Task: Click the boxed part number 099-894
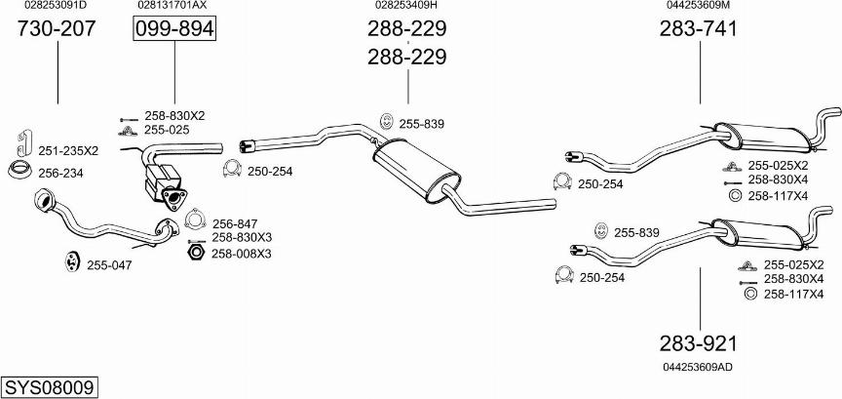click(x=174, y=29)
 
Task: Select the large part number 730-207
click(x=57, y=28)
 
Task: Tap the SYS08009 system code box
click(x=50, y=386)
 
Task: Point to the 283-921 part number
click(x=699, y=343)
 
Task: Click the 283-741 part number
click(x=699, y=28)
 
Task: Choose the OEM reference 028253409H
click(x=406, y=6)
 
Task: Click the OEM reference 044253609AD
click(x=698, y=367)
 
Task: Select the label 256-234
click(x=60, y=173)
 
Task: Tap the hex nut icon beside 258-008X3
click(x=196, y=252)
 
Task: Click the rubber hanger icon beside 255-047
click(x=71, y=260)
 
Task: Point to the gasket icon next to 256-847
click(x=196, y=219)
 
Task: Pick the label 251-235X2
click(x=68, y=151)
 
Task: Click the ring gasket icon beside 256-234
click(x=19, y=169)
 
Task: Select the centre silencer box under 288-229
click(x=416, y=171)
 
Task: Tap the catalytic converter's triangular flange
click(x=172, y=197)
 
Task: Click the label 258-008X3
click(x=241, y=253)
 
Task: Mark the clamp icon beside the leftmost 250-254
click(x=232, y=169)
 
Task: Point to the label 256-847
click(x=235, y=223)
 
